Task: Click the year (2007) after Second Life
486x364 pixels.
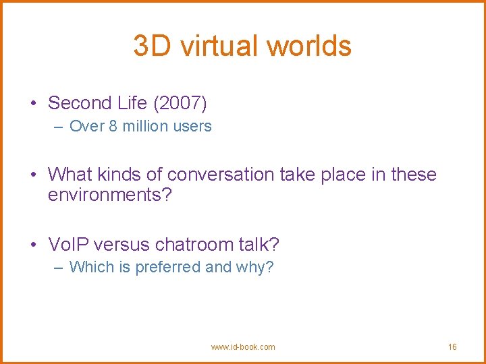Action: [180, 103]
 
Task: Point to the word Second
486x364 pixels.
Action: [79, 103]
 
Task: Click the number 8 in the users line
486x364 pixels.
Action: [113, 126]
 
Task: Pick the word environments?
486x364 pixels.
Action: [110, 196]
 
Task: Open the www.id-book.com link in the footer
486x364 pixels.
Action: [243, 347]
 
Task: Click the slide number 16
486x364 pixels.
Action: [452, 347]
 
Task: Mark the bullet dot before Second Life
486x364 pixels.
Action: [32, 104]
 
